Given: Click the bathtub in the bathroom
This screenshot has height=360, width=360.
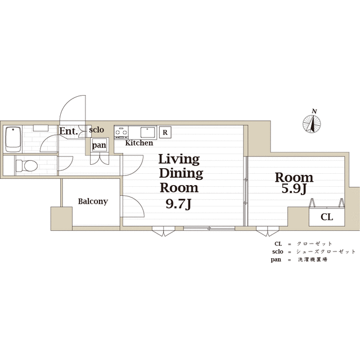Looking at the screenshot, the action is pos(13,139).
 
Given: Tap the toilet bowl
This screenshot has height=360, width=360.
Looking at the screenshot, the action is pos(27,165).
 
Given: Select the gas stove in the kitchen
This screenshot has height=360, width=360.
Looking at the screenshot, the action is pos(121,132).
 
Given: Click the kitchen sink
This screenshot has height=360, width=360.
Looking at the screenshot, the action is pos(147,132).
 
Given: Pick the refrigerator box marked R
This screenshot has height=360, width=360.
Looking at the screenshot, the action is pos(165,132).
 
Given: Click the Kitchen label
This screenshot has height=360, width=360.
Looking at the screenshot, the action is pos(139,143).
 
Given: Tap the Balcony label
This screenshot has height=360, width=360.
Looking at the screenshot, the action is pos(93,201).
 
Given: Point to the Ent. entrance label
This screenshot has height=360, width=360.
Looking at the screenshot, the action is pos(69,131).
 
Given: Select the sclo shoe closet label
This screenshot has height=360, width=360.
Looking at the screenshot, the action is pos(96,130).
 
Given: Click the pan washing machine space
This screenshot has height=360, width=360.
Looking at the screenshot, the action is pos(99,145).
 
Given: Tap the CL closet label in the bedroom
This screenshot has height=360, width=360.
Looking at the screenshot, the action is pos(327,217).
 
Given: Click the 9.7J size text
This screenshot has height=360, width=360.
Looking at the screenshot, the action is pos(179,204).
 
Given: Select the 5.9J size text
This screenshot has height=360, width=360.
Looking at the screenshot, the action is pos(294,189).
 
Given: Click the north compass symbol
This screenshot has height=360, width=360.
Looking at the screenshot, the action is pos(312,124).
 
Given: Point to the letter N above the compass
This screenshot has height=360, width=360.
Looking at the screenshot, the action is pos(314,111).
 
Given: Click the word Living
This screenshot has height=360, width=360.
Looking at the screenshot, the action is pos(179,159).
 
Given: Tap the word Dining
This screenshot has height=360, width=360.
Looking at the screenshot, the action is pos(181,173).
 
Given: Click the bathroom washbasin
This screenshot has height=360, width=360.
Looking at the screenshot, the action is pos(40,128).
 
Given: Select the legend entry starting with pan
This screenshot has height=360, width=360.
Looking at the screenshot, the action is pos(299,260).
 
